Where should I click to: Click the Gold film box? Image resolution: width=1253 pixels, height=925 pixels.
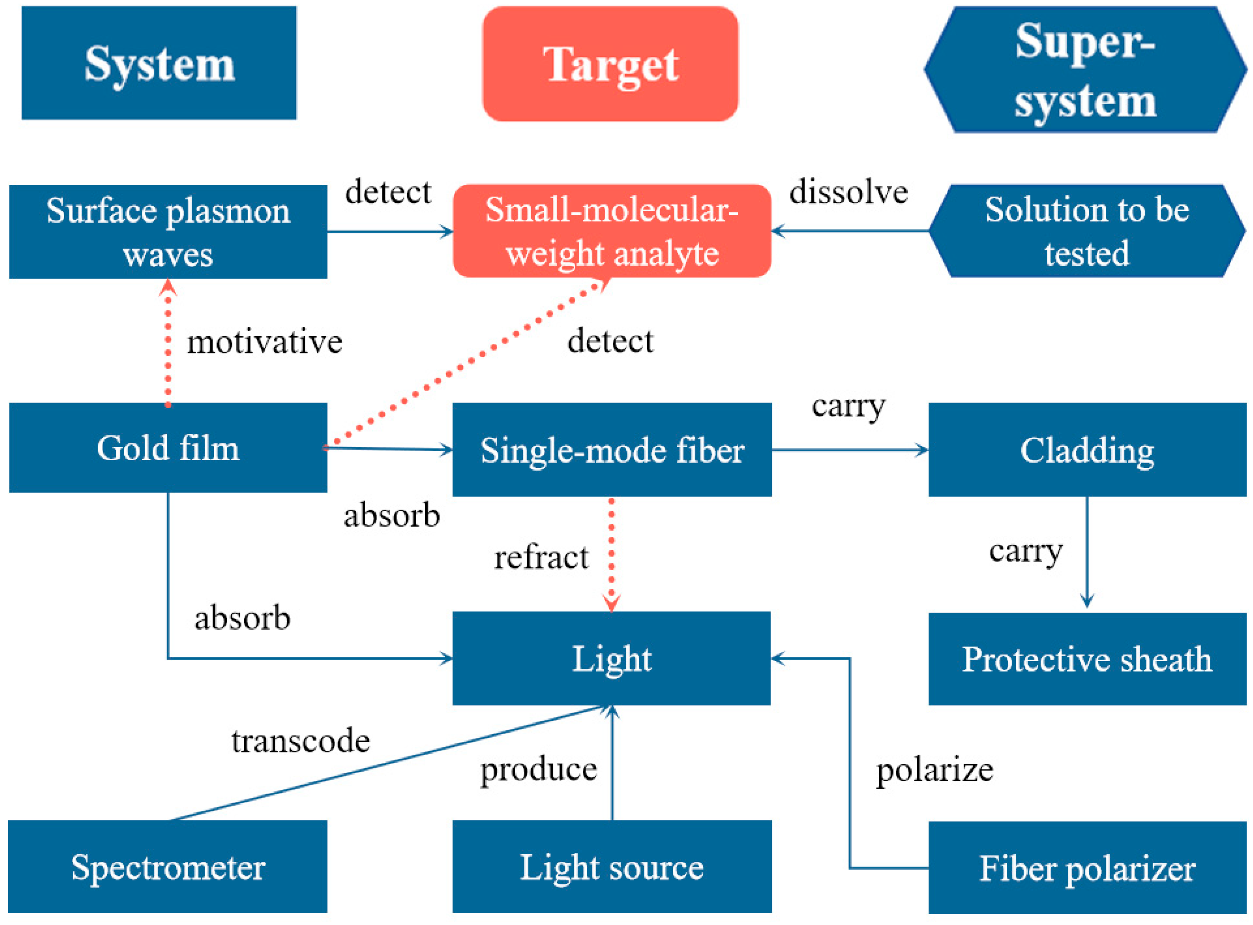pos(168,448)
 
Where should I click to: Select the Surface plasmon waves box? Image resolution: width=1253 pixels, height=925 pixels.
pos(168,232)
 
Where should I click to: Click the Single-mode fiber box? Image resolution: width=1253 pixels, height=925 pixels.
pos(612,450)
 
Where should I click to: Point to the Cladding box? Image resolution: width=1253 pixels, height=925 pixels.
pos(1086,450)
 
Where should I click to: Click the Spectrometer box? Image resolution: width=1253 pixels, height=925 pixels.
pos(168,867)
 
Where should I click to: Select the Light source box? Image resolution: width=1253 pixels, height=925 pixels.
pos(612,867)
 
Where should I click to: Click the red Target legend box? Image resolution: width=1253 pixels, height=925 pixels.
pos(610,64)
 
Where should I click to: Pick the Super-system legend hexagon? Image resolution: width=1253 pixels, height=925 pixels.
pos(1085,70)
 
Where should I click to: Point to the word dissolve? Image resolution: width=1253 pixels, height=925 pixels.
pos(848,192)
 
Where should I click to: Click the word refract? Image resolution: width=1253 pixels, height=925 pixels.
pos(541,558)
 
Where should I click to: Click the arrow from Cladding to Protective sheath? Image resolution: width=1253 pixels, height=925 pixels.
pos(1087,552)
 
